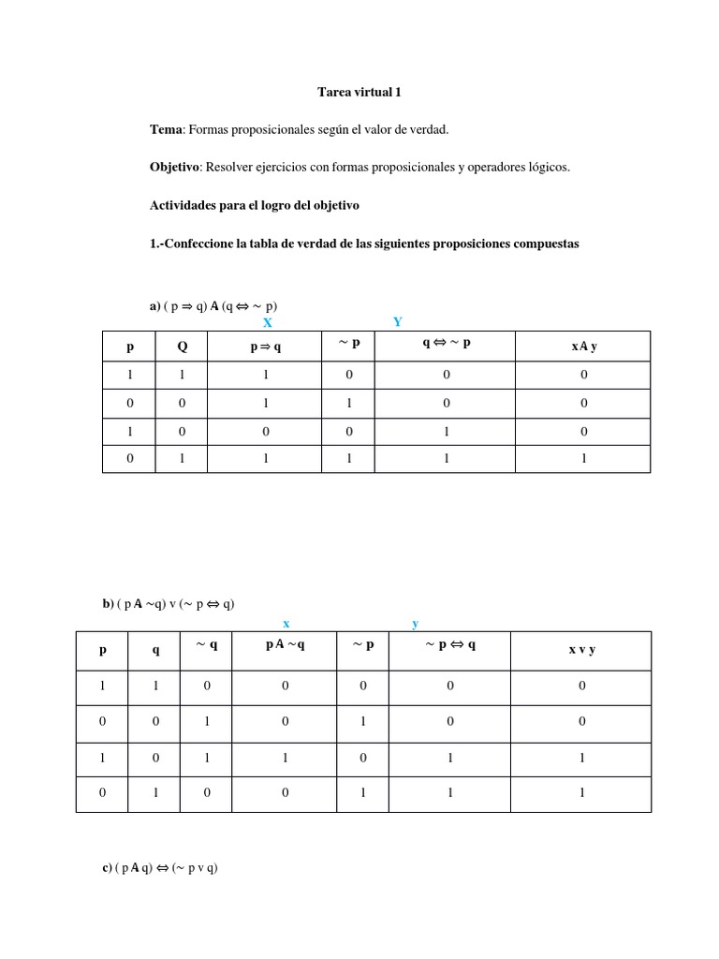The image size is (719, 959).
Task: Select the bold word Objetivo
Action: pyautogui.click(x=175, y=168)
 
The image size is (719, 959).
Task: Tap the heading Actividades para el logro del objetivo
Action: pyautogui.click(x=254, y=205)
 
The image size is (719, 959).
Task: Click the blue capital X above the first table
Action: pyautogui.click(x=267, y=322)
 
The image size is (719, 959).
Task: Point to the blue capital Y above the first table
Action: pyautogui.click(x=398, y=321)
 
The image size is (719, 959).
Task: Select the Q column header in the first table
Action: pyautogui.click(x=182, y=346)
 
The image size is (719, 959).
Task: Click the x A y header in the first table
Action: pyautogui.click(x=583, y=347)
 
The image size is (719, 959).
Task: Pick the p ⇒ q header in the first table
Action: pyautogui.click(x=265, y=347)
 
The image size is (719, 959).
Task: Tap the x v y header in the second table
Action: pyautogui.click(x=581, y=649)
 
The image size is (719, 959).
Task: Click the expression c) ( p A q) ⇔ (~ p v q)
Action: pyautogui.click(x=160, y=868)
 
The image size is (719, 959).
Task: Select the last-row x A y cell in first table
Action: pyautogui.click(x=583, y=459)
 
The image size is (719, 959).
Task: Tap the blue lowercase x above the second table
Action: pyautogui.click(x=286, y=623)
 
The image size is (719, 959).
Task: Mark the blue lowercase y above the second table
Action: pyautogui.click(x=415, y=623)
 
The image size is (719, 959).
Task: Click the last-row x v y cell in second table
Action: pyautogui.click(x=581, y=792)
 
